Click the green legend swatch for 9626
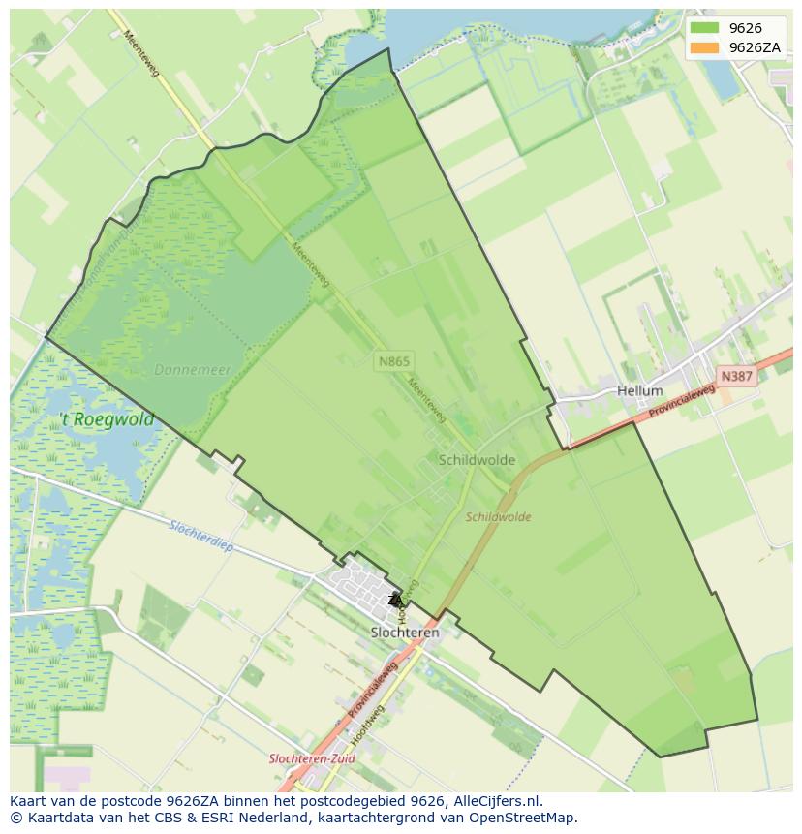705,28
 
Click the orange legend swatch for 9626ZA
705,47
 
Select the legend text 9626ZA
756,47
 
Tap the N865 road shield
394,361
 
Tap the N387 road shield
736,375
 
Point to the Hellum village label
640,391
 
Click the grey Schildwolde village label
477,460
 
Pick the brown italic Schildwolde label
498,517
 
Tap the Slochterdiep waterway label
201,535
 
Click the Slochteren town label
405,633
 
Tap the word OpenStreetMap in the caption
528,818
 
